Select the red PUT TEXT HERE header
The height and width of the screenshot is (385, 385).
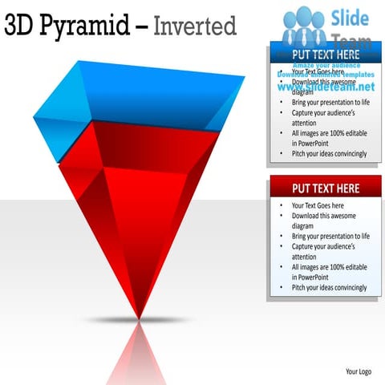click(x=324, y=188)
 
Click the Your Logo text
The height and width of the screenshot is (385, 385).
click(x=358, y=371)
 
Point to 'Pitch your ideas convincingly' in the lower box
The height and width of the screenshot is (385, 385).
click(x=329, y=287)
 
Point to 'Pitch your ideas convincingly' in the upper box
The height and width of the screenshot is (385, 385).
click(x=329, y=153)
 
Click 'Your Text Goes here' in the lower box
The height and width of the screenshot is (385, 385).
click(x=318, y=205)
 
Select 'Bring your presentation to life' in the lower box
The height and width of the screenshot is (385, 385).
click(x=330, y=237)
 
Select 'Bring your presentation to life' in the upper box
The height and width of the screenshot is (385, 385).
click(x=330, y=103)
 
